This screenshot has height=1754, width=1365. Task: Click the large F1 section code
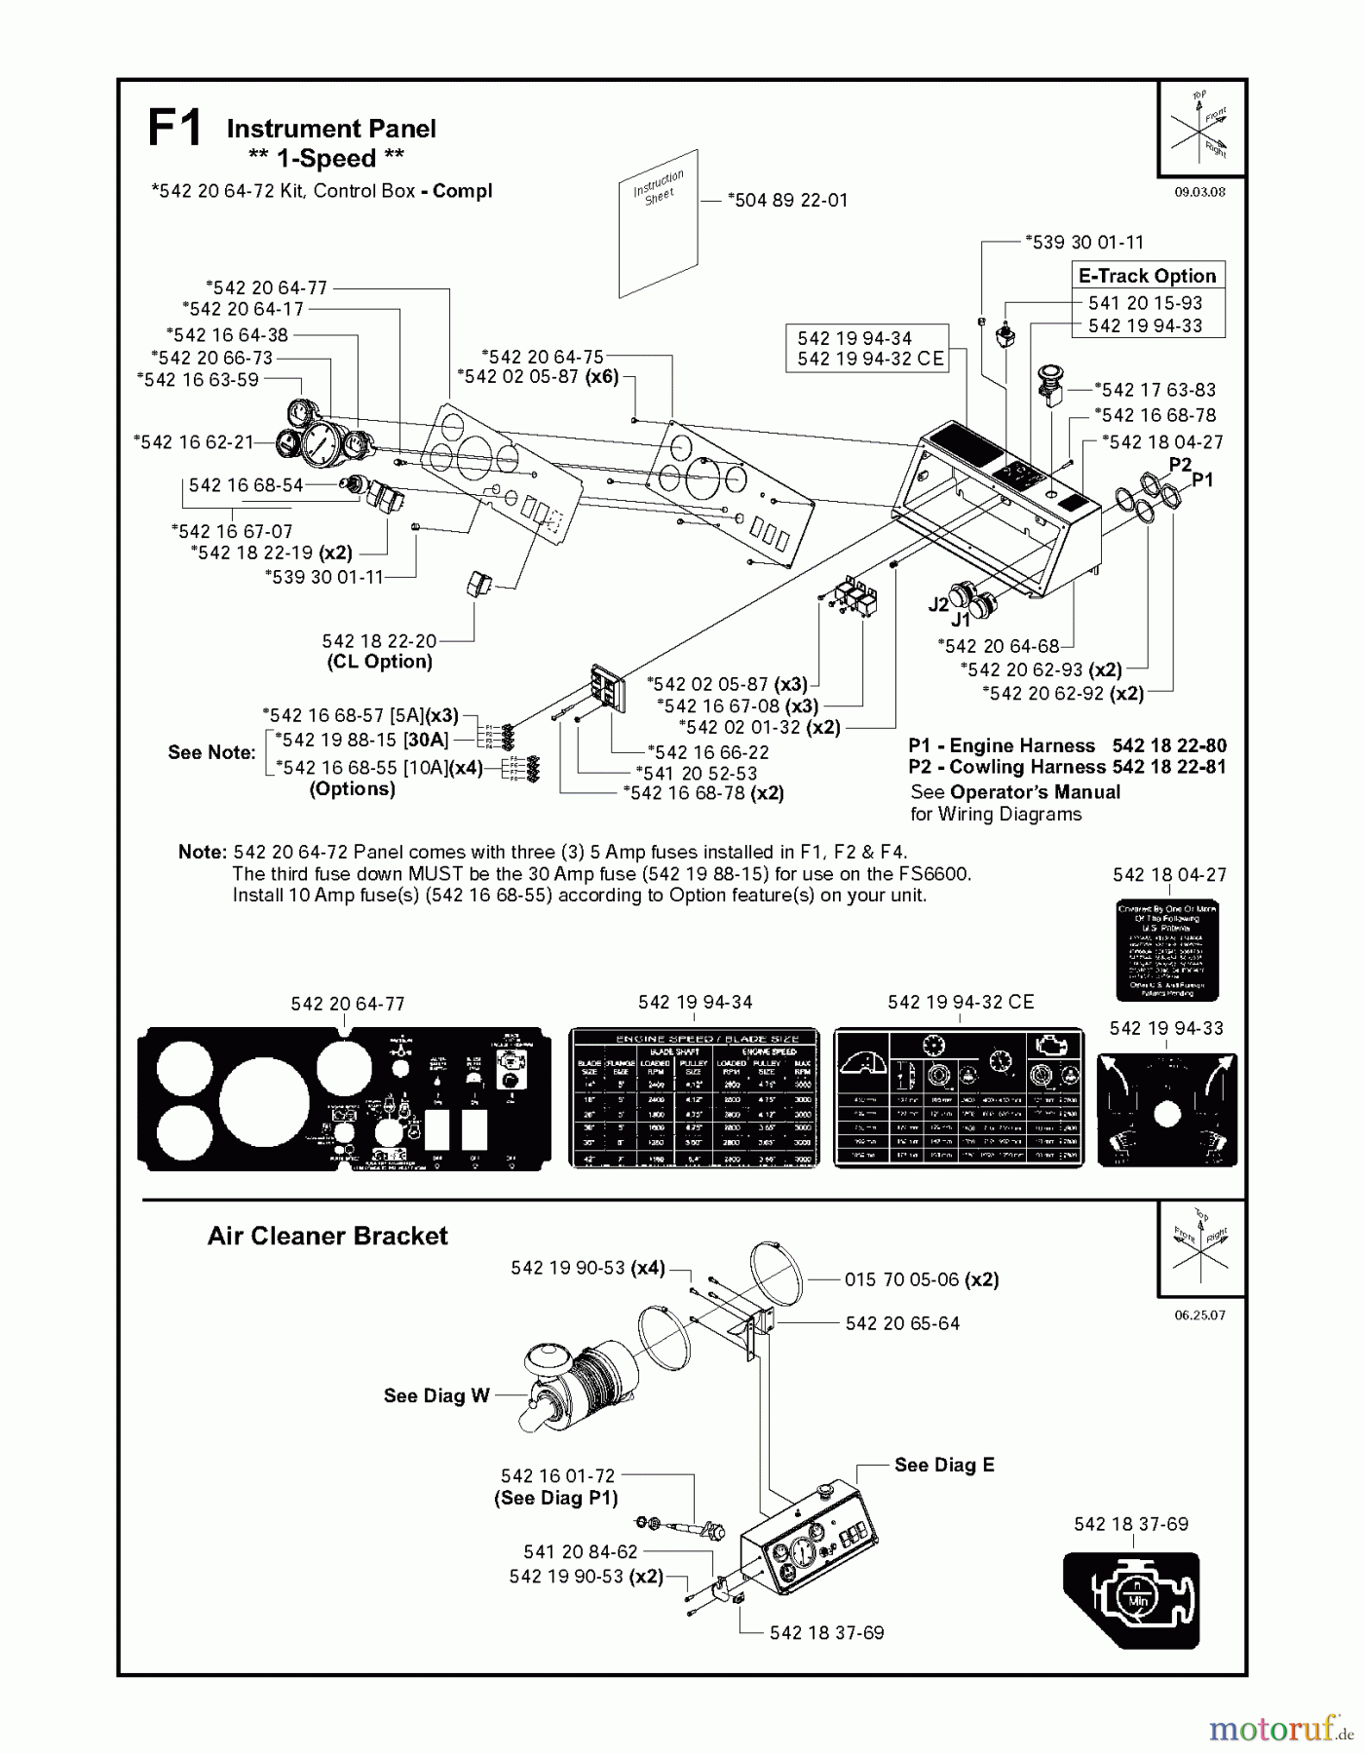[175, 129]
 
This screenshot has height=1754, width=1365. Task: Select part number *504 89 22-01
[788, 200]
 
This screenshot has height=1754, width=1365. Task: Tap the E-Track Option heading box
[1147, 276]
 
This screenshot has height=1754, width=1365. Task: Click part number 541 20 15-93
[1145, 303]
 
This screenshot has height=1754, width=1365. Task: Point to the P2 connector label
[1180, 465]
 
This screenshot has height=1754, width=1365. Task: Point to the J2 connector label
[937, 604]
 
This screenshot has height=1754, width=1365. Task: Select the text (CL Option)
[379, 662]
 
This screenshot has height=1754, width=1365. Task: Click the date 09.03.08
[1199, 192]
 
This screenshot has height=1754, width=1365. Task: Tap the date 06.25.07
[1199, 1315]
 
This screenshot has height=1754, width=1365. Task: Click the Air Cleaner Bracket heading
[327, 1237]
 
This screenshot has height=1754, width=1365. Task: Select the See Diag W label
[436, 1395]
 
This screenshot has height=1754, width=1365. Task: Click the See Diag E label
[943, 1465]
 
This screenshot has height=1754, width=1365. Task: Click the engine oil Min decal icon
[1131, 1600]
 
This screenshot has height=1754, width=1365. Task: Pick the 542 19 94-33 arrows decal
[1167, 1110]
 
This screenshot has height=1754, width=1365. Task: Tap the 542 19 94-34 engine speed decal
[695, 1096]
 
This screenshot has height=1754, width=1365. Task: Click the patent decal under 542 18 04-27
[1166, 950]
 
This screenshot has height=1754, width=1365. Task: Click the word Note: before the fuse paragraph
[202, 852]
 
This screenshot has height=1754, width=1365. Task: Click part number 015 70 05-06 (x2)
[921, 1279]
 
